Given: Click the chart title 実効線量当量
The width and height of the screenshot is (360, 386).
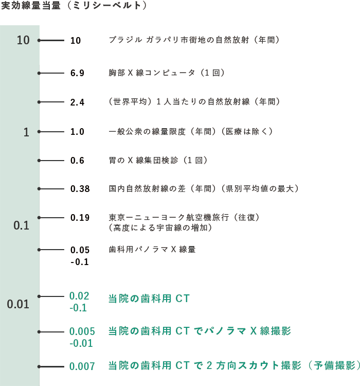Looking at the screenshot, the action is point(31,6).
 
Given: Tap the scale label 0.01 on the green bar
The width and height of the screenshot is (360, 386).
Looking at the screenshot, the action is point(18,304).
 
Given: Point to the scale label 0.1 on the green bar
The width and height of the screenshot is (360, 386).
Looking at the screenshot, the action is point(22,225).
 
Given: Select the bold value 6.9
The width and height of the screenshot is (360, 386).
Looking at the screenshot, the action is point(77,73).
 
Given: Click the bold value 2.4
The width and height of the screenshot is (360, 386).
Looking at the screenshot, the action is point(77,102).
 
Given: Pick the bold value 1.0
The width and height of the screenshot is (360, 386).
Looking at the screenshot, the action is point(77,132).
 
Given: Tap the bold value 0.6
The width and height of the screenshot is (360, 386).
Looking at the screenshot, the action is point(77,161).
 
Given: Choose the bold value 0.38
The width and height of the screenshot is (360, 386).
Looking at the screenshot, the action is point(80,189).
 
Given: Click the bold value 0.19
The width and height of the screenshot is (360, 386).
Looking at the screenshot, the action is point(80,218).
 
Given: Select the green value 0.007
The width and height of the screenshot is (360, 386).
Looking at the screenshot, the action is point(82,366).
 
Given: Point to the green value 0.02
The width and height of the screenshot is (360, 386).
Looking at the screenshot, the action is point(79,296).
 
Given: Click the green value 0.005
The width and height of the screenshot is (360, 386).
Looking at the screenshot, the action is point(82,331).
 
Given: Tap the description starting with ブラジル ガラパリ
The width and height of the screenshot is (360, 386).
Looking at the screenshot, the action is point(194,40).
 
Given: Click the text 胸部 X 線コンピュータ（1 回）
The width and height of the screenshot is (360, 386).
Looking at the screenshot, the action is point(167,73).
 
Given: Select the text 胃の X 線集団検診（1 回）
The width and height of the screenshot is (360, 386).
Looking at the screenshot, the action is point(158,161).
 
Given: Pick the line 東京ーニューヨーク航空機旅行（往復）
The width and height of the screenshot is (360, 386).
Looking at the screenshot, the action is point(184,217).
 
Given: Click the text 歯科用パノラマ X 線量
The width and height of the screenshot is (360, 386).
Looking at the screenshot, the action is point(152,250).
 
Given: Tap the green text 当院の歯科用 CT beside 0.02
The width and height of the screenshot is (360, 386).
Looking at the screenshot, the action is point(149,299).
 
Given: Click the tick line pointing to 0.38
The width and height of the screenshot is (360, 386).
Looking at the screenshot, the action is point(51,189).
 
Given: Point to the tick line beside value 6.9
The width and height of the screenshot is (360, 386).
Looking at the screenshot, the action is point(51,73).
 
